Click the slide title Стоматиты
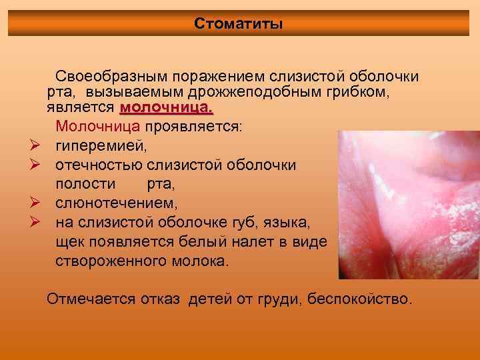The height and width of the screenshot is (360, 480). point(239,24)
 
